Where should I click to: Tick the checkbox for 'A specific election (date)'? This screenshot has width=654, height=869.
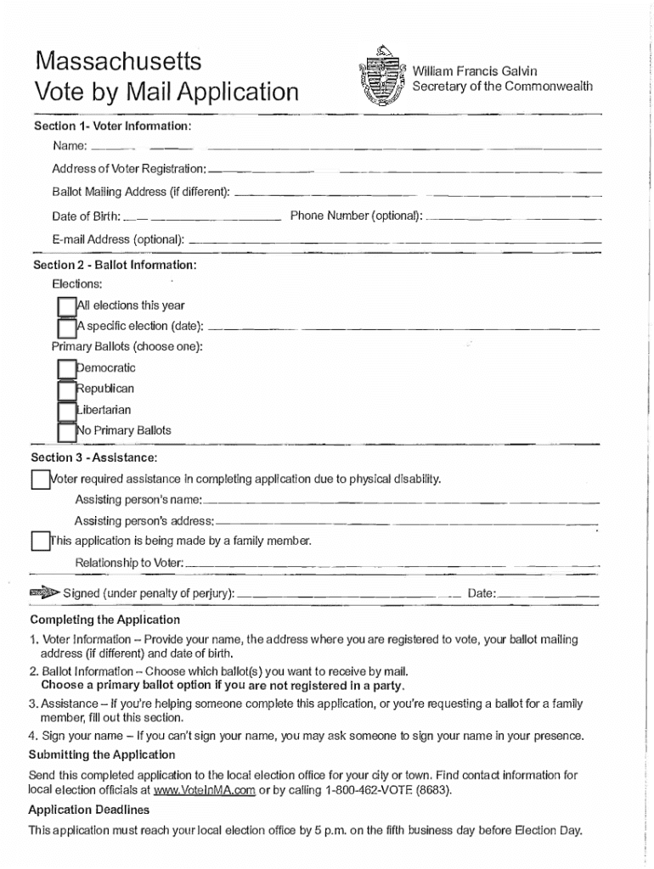click(x=66, y=328)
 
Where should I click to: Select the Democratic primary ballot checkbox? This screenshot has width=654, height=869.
click(x=66, y=369)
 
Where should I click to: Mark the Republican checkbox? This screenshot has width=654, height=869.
click(x=66, y=390)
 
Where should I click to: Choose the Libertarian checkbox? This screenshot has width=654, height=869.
click(x=66, y=411)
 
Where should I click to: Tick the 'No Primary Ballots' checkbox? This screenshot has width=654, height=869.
click(x=66, y=431)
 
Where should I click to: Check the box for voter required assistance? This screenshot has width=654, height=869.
click(x=40, y=480)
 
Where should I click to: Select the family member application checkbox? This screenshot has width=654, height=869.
click(x=40, y=541)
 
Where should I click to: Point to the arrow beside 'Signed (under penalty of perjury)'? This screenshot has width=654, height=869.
click(x=42, y=592)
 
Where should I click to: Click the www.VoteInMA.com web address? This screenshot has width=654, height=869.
click(x=204, y=790)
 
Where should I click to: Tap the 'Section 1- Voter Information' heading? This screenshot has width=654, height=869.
click(x=112, y=126)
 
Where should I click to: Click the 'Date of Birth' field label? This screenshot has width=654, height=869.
click(x=86, y=216)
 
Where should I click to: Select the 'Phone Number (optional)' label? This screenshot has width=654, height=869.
click(x=356, y=216)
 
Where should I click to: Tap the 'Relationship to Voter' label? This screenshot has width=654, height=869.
click(x=128, y=563)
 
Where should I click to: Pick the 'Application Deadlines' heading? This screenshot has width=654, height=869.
click(x=88, y=810)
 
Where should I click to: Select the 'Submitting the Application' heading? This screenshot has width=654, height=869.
click(x=102, y=754)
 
